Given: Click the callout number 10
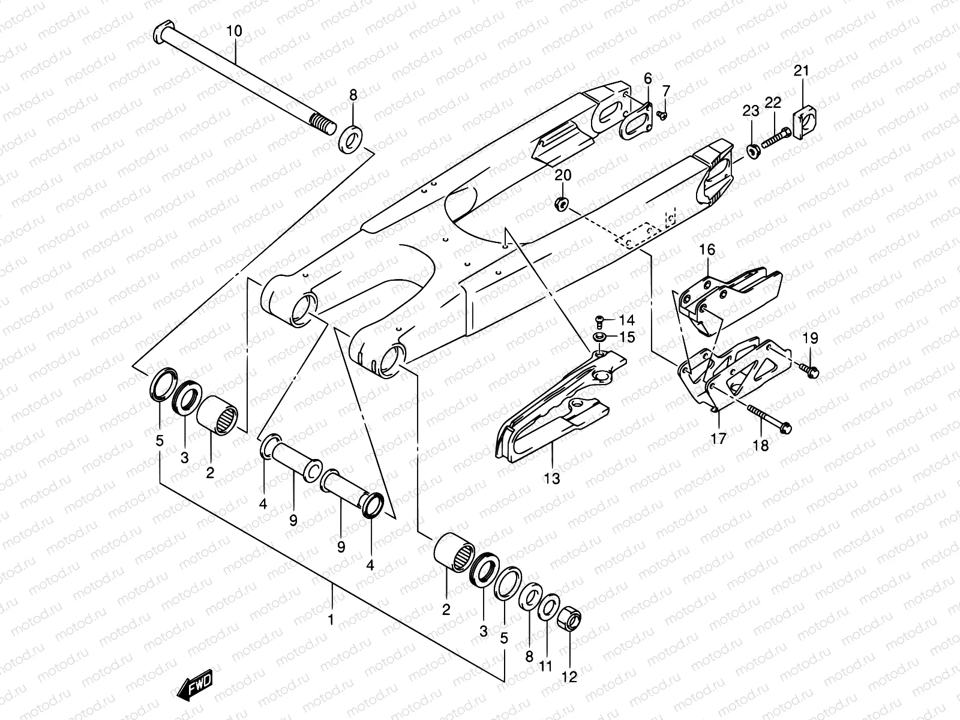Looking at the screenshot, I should pos(235,31).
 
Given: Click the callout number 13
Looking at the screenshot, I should pos(552,478).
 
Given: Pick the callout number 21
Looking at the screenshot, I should pos(802,71).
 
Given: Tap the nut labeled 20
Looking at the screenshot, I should pos(562,205).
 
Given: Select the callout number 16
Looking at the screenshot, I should pos(707,250).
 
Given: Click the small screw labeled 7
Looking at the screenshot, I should pos(662,114).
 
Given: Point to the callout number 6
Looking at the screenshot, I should pos(647,78).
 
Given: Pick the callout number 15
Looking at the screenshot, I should pos(626,338).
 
